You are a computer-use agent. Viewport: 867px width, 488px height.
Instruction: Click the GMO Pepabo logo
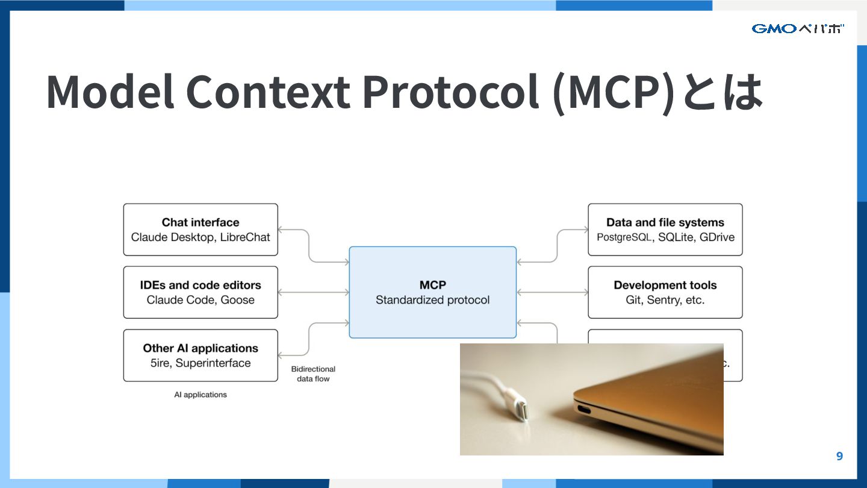[798, 28]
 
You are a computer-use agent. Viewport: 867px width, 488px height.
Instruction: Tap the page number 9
[839, 456]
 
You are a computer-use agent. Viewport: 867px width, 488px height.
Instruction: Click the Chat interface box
[200, 230]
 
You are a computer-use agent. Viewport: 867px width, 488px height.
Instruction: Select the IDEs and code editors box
[200, 292]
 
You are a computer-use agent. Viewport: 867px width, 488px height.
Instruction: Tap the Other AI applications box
[200, 355]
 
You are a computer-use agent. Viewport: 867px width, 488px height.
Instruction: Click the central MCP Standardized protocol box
[432, 292]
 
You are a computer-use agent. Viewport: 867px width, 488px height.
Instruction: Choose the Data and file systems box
[665, 230]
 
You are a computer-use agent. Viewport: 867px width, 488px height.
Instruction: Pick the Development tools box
[665, 292]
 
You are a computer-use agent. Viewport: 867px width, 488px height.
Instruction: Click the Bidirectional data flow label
[313, 374]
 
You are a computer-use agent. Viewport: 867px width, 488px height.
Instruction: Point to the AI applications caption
[200, 395]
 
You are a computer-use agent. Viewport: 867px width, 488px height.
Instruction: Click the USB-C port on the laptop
[585, 410]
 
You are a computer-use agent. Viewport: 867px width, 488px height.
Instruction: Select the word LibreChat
[245, 237]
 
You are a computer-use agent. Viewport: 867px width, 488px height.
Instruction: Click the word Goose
[237, 300]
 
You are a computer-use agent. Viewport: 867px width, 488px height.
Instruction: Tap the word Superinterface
[213, 363]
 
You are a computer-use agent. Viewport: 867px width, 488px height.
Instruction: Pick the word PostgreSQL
[624, 237]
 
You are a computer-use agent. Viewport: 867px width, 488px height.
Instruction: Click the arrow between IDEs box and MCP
[313, 292]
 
